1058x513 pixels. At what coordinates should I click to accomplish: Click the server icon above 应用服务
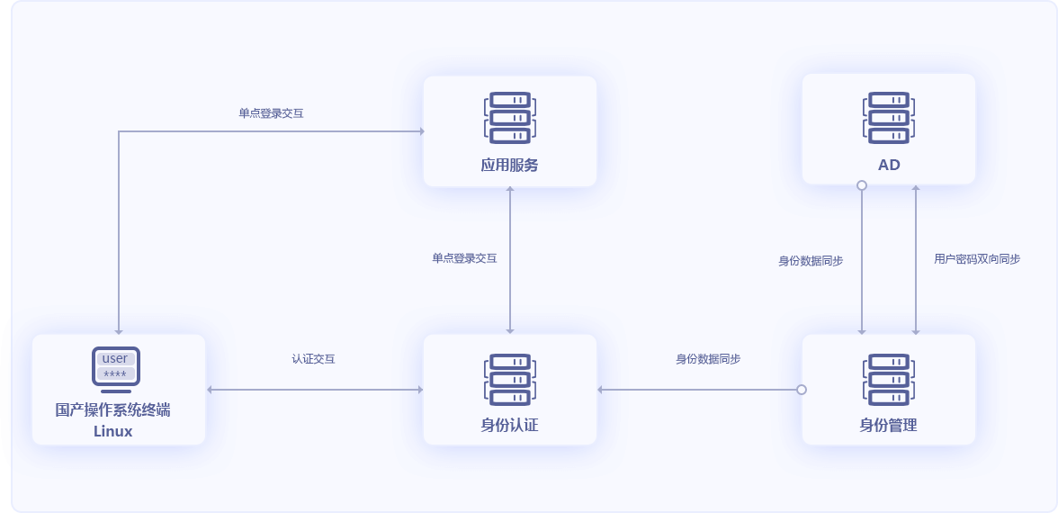[510, 117]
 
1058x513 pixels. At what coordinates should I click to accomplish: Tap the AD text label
[889, 165]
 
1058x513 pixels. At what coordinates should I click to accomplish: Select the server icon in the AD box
[889, 117]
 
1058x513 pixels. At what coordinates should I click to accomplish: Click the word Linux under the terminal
[113, 431]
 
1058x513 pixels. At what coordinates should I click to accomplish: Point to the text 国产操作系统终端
[113, 410]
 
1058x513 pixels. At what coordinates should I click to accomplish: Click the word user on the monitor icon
[115, 358]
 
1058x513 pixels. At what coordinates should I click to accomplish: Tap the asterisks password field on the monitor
[115, 373]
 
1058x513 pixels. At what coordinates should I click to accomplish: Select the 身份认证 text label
[510, 425]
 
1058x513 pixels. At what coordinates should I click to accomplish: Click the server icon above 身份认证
[510, 378]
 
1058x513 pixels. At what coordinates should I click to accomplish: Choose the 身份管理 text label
[889, 425]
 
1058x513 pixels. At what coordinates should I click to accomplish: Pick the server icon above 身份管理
[889, 378]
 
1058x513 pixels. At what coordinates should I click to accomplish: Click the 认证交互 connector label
[314, 358]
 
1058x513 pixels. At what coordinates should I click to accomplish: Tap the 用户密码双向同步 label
[977, 258]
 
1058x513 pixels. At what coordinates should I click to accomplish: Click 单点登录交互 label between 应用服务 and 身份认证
[464, 257]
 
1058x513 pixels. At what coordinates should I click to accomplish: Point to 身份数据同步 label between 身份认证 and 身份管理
[708, 358]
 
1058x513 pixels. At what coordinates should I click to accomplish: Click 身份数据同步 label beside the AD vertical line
[811, 261]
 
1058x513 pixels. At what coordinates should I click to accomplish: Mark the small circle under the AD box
[862, 185]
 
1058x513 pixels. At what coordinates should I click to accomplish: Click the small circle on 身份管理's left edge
[802, 390]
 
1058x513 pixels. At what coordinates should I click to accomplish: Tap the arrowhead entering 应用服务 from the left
[420, 131]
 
